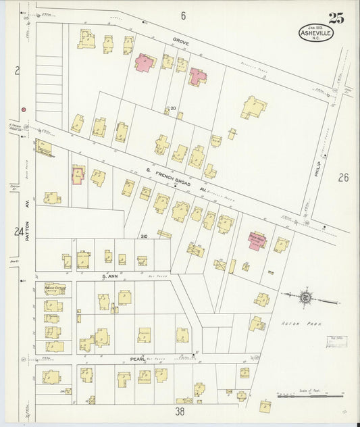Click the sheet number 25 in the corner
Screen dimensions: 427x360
(x=336, y=18)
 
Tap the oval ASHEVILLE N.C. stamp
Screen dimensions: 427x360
(x=316, y=34)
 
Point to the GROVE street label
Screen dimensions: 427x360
(x=180, y=42)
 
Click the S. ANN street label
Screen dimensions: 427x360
(x=110, y=276)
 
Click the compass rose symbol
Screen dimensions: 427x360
(x=305, y=296)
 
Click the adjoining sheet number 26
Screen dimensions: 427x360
(x=343, y=178)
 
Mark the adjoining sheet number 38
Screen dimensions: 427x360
(x=180, y=410)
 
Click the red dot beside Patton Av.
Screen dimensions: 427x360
(x=23, y=109)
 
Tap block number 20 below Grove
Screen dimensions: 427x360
(x=173, y=109)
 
